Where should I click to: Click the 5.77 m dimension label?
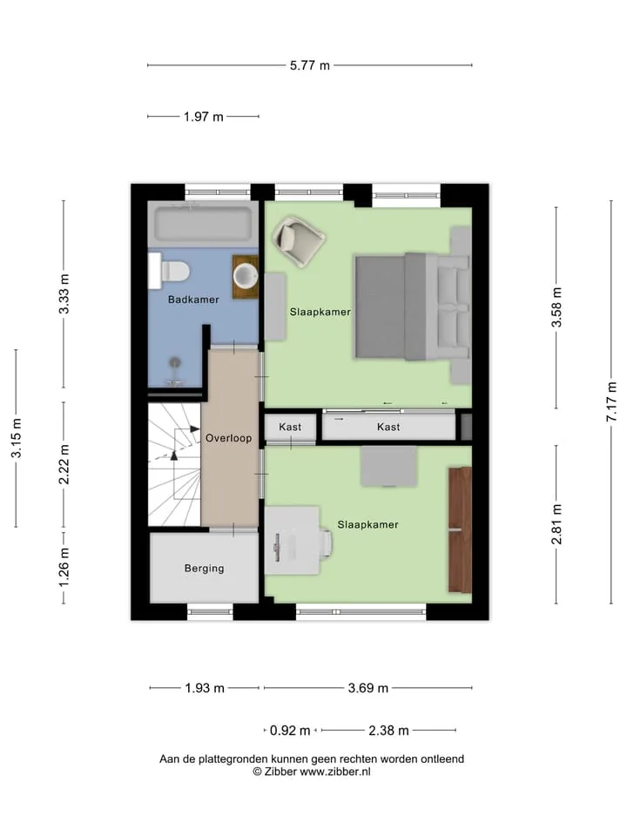310,65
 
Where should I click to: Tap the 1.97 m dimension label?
204,116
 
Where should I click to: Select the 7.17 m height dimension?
611,401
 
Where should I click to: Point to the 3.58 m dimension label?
556,307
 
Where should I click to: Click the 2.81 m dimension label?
556,524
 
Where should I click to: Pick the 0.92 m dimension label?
290,731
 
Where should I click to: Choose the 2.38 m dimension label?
388,731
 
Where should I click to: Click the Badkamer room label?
193,300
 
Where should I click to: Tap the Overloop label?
229,438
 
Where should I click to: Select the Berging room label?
204,569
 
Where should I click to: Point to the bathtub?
203,224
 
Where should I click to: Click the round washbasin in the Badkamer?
246,276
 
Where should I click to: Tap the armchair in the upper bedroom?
299,240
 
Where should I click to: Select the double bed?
413,307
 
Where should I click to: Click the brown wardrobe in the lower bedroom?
460,530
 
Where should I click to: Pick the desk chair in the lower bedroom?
325,541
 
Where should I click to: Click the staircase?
174,464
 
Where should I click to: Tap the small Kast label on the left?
290,427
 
